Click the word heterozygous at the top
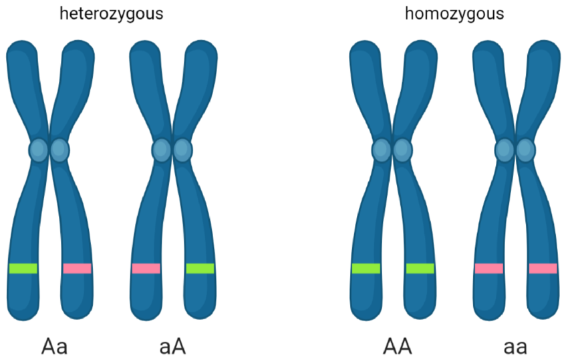point(111,13)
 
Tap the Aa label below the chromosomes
point(55,347)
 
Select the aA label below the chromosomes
point(172,347)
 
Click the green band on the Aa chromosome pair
point(23,268)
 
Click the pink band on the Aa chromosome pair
point(77,268)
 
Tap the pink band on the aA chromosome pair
point(146,268)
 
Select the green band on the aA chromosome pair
point(200,268)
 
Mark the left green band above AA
point(366,268)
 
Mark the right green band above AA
point(420,268)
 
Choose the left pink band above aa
point(488,268)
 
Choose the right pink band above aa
point(543,268)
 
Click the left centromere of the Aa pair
point(39,150)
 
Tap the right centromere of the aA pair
point(182,150)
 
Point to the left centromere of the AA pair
point(382,150)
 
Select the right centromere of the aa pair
point(525,150)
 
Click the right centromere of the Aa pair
point(59,150)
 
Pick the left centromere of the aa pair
point(505,150)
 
